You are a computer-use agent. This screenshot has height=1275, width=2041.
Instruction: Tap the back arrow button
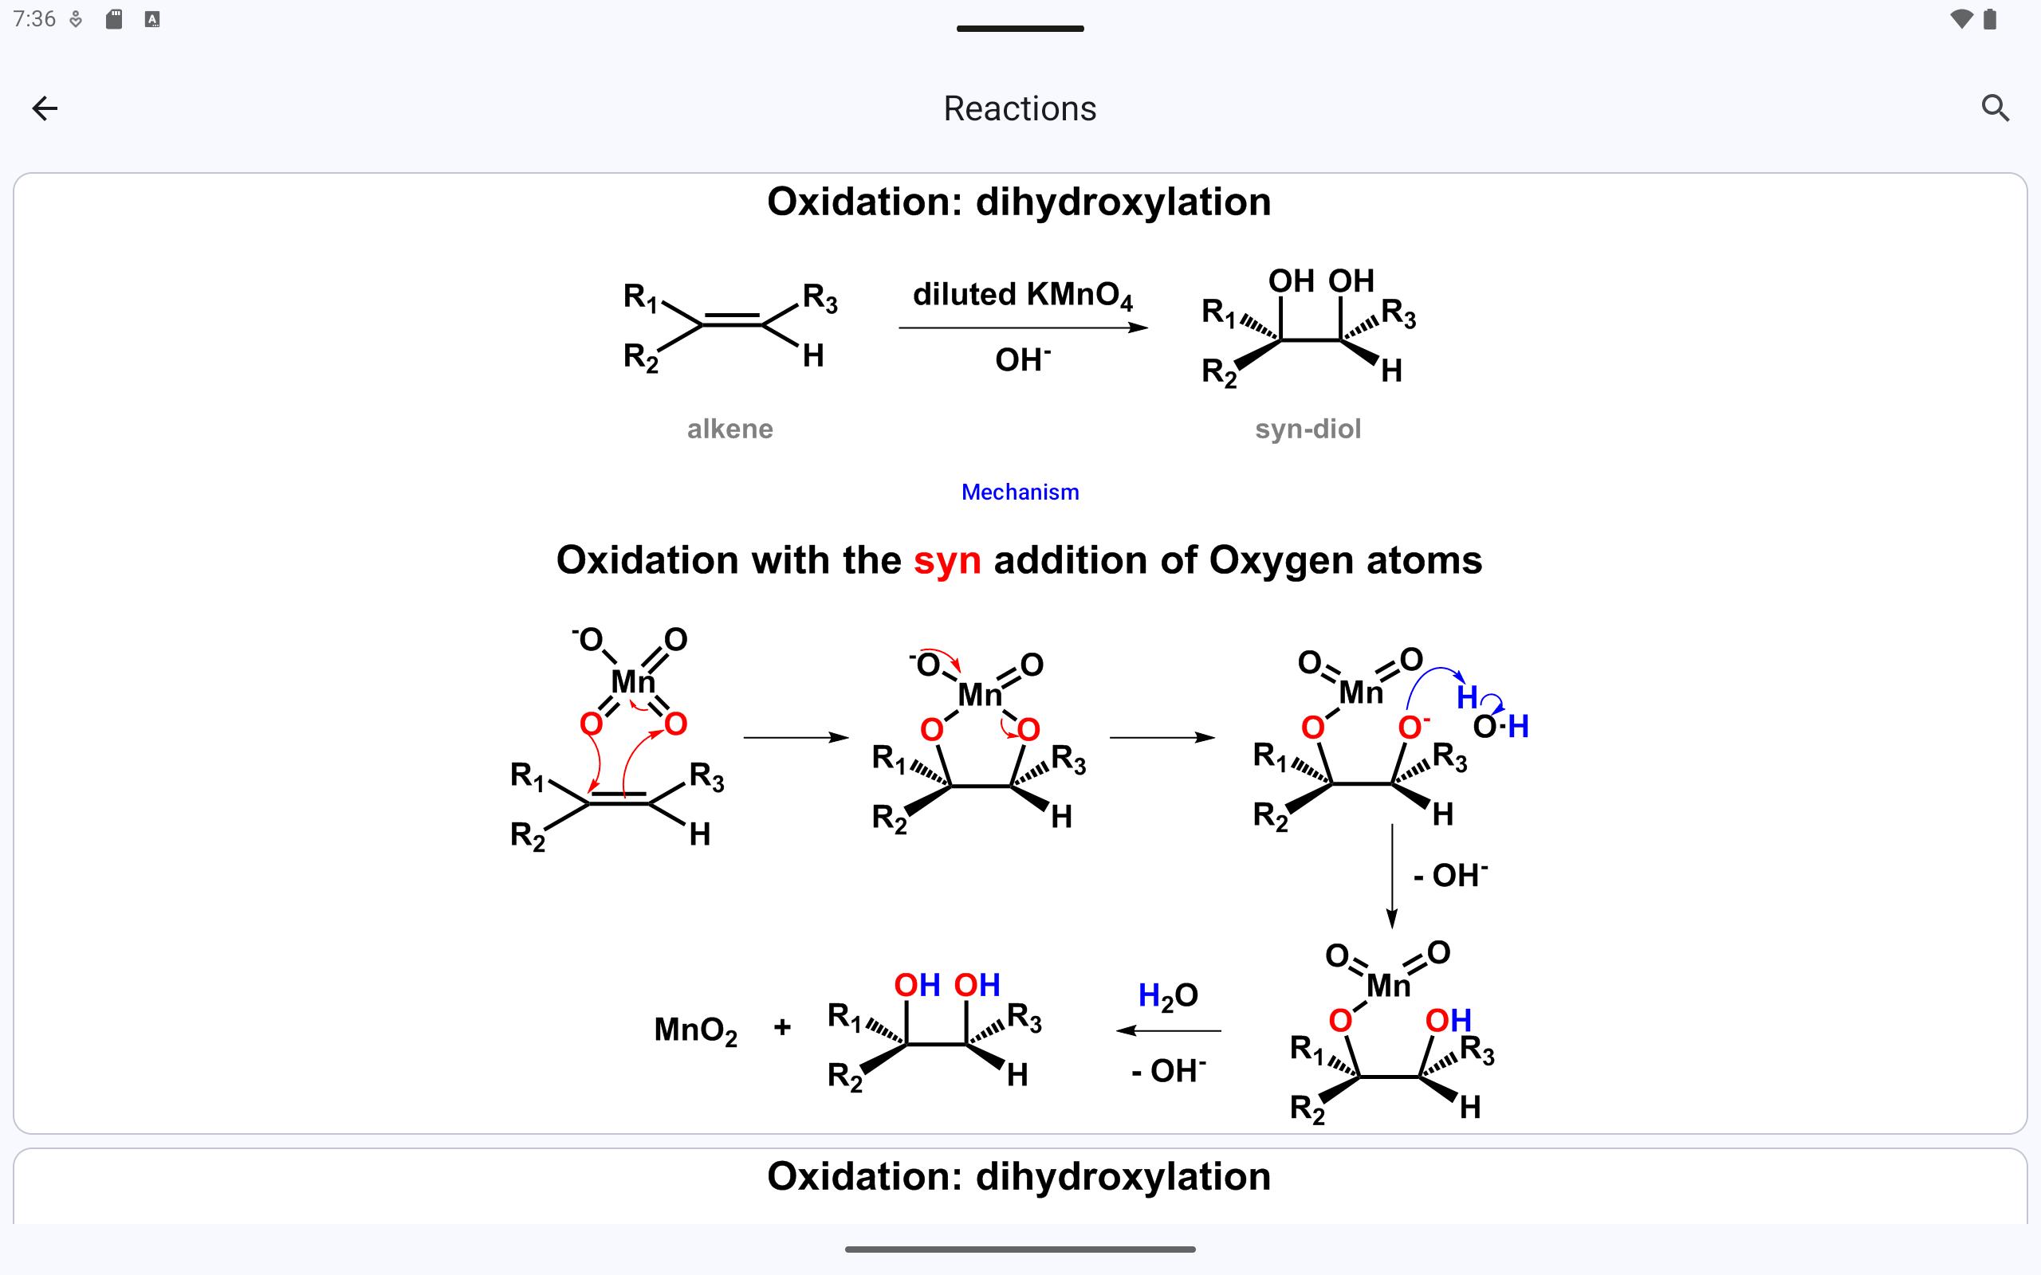tap(45, 108)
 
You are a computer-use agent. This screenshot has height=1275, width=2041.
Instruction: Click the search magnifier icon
tap(1995, 108)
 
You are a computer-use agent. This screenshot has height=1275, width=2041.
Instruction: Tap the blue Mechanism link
tap(1020, 492)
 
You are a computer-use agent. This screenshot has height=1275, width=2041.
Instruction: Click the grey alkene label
tap(729, 430)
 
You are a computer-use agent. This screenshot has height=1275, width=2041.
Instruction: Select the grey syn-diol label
tap(1308, 430)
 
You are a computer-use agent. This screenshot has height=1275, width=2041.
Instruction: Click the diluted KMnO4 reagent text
tap(1022, 295)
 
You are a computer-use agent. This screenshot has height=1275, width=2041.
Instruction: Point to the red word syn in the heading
tap(946, 561)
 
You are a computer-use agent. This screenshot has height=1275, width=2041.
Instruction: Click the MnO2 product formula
tap(695, 1030)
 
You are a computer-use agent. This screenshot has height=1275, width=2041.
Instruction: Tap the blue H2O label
tap(1167, 996)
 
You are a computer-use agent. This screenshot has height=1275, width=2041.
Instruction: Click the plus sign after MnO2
tap(782, 1027)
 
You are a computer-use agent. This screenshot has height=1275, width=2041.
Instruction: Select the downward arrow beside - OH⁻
tap(1391, 877)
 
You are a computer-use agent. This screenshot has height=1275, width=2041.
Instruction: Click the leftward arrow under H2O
tap(1168, 1030)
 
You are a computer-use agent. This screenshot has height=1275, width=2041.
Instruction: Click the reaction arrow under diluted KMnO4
tap(1022, 328)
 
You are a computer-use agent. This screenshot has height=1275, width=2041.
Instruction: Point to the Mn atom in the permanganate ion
tap(631, 681)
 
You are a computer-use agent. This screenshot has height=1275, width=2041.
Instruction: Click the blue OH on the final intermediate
tap(1447, 1020)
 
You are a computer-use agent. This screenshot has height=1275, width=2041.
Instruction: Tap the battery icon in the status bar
tap(1989, 18)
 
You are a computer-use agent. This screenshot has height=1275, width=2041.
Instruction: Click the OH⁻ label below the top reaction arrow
tap(1022, 360)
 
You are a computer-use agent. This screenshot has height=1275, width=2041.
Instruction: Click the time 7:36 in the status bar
tap(34, 18)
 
